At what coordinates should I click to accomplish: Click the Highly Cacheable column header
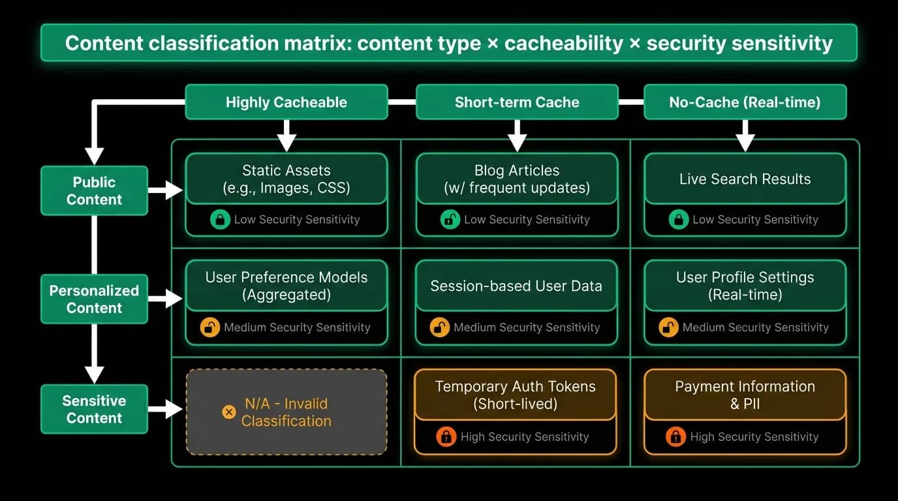(x=286, y=102)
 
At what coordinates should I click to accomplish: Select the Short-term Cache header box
(x=517, y=102)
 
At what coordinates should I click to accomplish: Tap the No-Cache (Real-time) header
(x=745, y=102)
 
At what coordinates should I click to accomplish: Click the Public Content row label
(x=94, y=190)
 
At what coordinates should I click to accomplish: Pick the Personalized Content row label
(x=94, y=299)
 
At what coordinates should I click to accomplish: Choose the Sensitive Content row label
(x=94, y=409)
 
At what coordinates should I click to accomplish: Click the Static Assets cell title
(x=286, y=179)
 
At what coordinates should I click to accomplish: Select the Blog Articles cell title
(x=517, y=179)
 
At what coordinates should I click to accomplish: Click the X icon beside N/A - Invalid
(x=229, y=412)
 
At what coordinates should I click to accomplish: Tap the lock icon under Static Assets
(x=220, y=219)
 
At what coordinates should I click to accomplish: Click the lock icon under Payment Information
(x=675, y=436)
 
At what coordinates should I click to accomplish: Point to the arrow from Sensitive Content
(x=165, y=409)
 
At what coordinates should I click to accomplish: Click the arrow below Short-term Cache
(x=517, y=136)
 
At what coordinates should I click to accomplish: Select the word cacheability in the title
(x=563, y=43)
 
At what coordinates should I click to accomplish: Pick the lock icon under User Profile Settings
(x=668, y=327)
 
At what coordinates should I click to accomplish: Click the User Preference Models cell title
(x=286, y=286)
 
